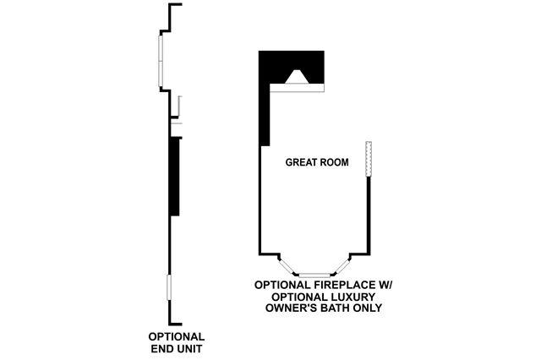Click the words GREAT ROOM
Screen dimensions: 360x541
[317, 162]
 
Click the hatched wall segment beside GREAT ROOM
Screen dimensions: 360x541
[369, 160]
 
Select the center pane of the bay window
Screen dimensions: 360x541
[314, 274]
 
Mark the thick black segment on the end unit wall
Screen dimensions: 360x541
[173, 176]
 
